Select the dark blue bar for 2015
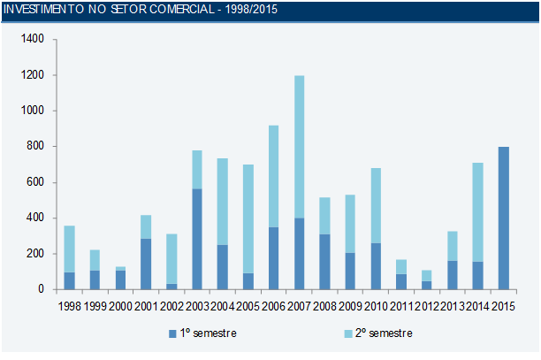pos(504,218)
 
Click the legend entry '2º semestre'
pos(380,333)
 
